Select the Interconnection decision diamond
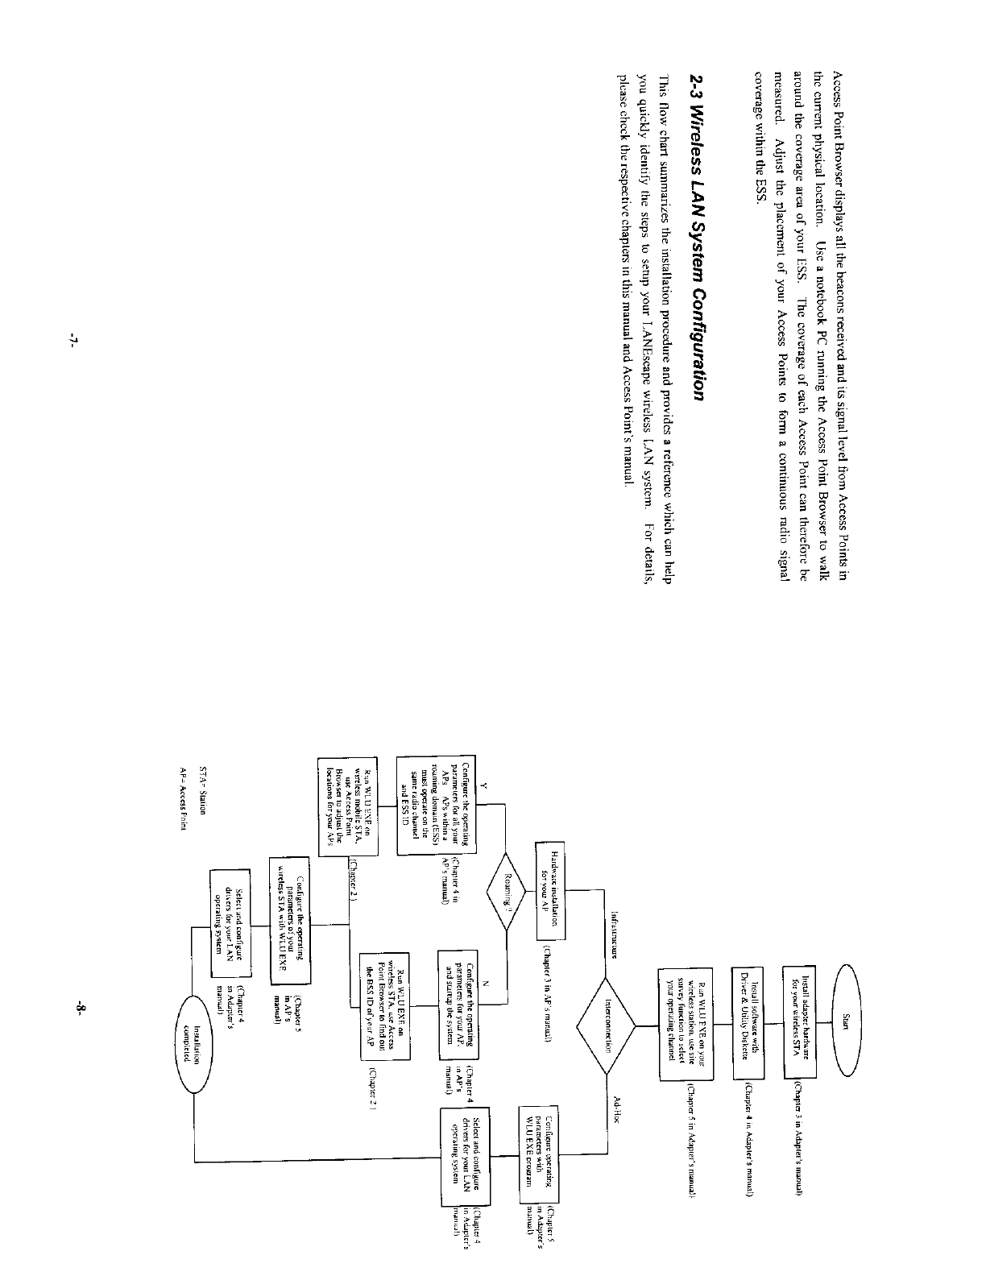606,1025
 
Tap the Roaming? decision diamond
506,889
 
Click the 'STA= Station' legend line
203,793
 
